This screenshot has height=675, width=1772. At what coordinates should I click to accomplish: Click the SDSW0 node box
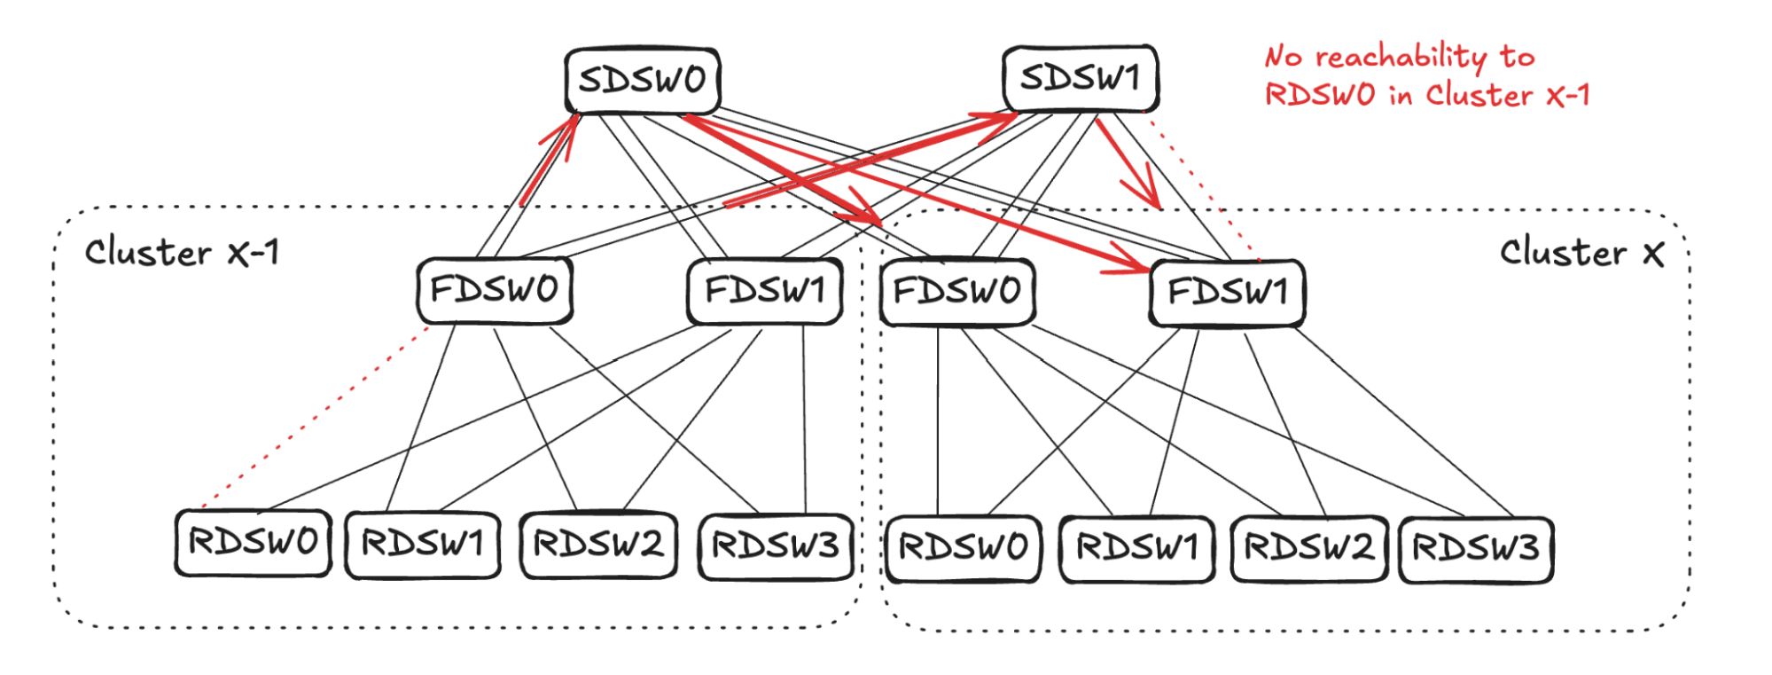click(x=642, y=81)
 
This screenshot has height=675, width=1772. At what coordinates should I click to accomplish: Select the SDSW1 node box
click(x=1080, y=78)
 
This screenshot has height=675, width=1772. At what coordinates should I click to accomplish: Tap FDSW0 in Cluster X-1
click(x=495, y=290)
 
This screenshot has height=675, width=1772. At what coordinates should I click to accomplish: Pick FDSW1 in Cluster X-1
click(x=764, y=290)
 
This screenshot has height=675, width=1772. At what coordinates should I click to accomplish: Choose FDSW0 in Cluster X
click(x=957, y=291)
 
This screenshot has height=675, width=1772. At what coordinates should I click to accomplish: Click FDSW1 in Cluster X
click(x=1227, y=292)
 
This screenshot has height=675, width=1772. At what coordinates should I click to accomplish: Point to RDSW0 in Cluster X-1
click(x=253, y=542)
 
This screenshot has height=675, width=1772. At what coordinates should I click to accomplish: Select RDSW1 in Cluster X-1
click(x=422, y=544)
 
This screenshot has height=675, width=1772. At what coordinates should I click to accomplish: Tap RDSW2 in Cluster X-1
click(x=598, y=545)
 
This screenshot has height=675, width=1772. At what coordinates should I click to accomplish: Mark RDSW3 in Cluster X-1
click(x=776, y=546)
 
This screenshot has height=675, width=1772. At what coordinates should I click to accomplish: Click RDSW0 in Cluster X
click(x=964, y=548)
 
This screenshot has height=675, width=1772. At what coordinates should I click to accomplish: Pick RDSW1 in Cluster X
click(x=1136, y=548)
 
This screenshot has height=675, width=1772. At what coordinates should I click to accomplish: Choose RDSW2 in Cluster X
click(x=1309, y=548)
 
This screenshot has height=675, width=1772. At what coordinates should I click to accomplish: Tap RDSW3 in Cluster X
click(x=1476, y=548)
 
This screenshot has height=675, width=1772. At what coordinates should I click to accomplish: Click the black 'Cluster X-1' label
click(x=182, y=253)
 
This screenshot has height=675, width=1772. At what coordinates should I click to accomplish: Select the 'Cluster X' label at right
click(x=1581, y=254)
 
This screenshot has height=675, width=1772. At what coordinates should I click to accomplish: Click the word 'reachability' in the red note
click(x=1401, y=58)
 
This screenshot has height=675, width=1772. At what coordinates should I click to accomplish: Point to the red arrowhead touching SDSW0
click(x=567, y=129)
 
